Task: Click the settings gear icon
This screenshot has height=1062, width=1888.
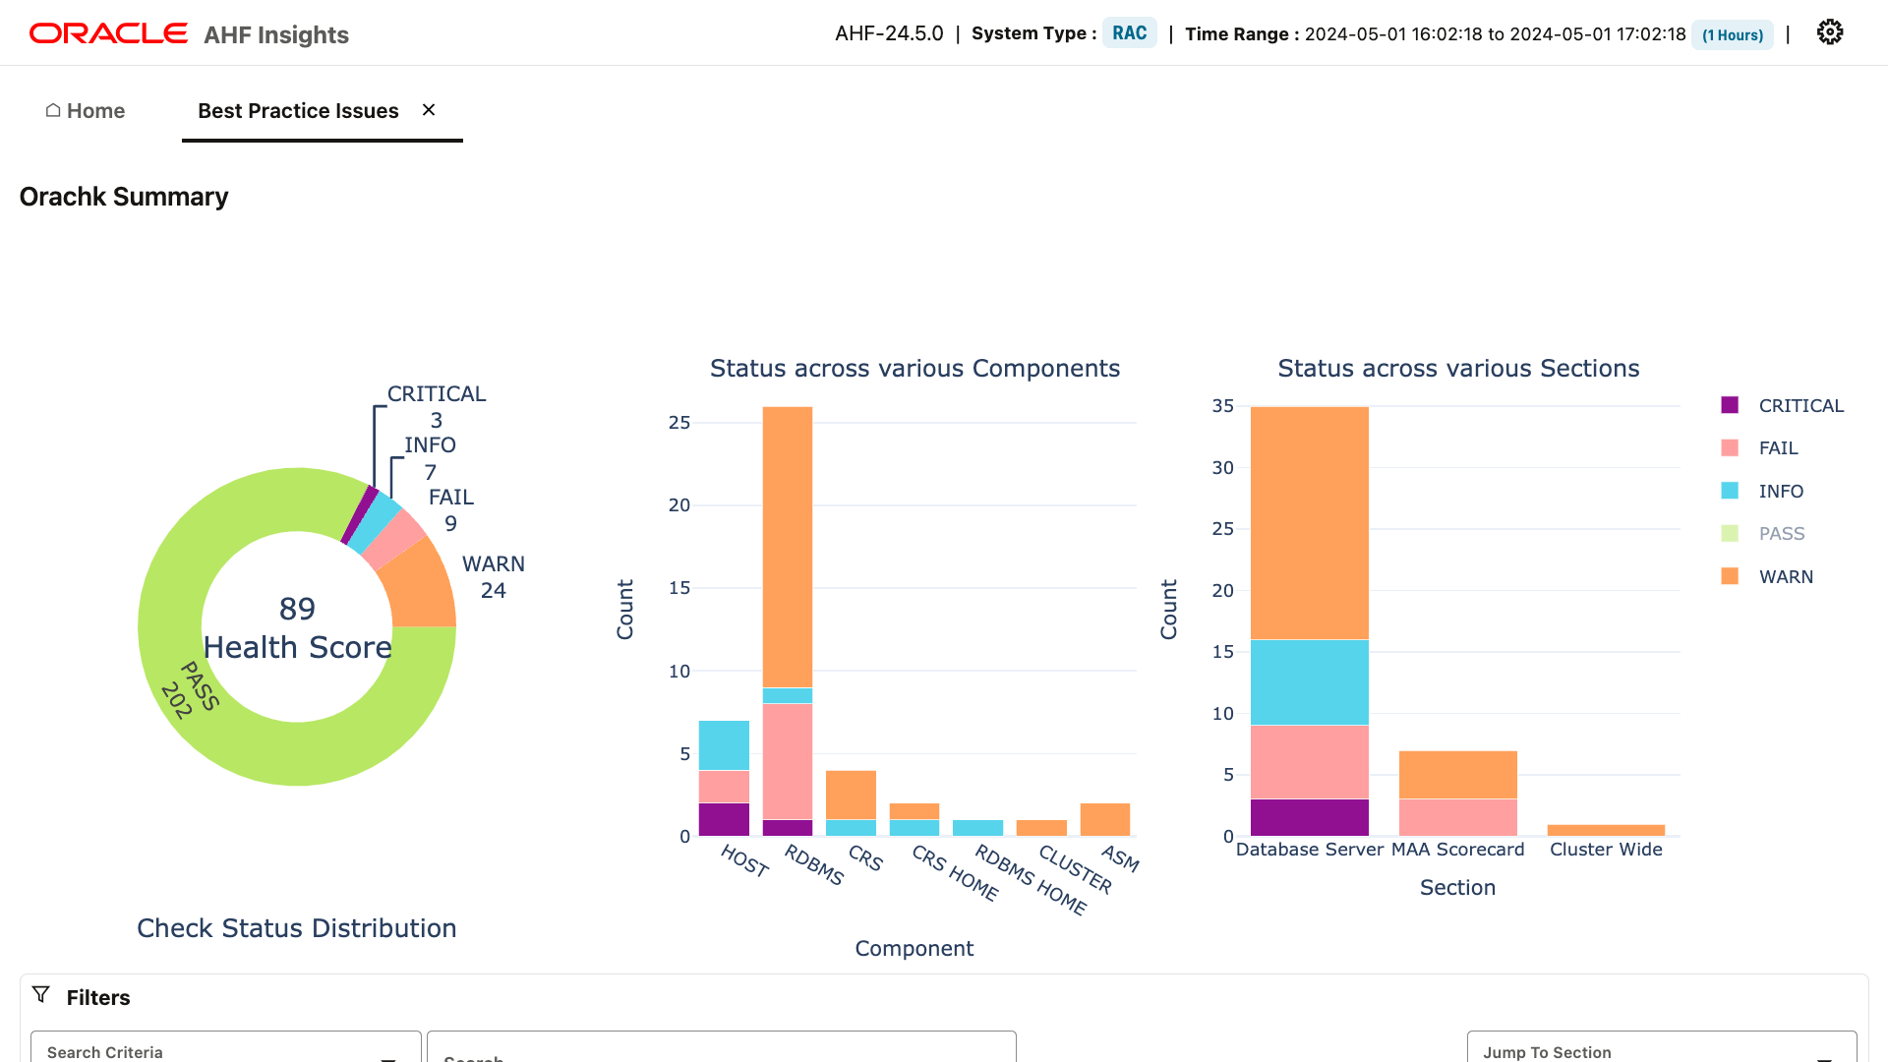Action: tap(1829, 32)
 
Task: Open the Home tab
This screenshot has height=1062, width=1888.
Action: tap(86, 111)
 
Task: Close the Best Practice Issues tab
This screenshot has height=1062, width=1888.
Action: tap(429, 110)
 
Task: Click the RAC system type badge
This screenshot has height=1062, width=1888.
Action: tap(1129, 33)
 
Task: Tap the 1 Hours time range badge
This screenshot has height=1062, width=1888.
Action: tap(1732, 35)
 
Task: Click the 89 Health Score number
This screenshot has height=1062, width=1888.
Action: tap(297, 609)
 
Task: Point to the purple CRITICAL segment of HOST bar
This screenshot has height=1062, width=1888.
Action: tap(724, 819)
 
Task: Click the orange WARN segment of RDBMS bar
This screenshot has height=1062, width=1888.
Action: tap(788, 547)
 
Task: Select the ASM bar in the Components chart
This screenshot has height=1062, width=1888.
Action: tap(1104, 819)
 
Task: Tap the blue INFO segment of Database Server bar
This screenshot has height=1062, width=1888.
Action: tap(1309, 682)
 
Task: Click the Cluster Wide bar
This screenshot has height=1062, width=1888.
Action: tap(1605, 830)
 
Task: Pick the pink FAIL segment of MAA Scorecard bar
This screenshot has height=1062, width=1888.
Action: tap(1457, 817)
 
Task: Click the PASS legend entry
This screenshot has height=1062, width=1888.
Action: tap(1781, 534)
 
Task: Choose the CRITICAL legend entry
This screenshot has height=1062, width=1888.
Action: tap(1799, 406)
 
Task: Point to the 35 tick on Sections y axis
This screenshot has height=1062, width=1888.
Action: tap(1222, 406)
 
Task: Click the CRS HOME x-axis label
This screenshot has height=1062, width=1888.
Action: tap(955, 873)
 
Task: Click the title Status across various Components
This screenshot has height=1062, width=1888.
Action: tap(914, 369)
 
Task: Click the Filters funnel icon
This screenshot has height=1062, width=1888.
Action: tap(41, 995)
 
